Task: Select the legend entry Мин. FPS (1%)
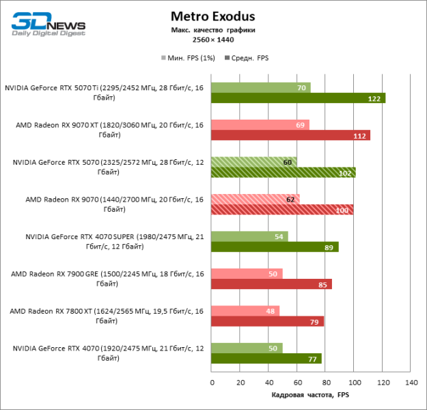click(x=189, y=58)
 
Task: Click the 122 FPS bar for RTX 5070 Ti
click(x=298, y=98)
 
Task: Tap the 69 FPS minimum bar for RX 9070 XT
click(x=260, y=125)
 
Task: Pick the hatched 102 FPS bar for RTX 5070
click(x=284, y=173)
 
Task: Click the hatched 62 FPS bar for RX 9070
click(x=256, y=200)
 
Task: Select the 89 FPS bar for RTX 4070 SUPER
click(x=275, y=247)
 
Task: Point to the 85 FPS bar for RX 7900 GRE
click(x=271, y=284)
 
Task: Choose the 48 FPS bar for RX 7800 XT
click(x=245, y=311)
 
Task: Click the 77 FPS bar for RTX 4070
click(x=266, y=359)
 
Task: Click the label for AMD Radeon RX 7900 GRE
click(x=107, y=279)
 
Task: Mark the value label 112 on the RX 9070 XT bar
click(x=360, y=135)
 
